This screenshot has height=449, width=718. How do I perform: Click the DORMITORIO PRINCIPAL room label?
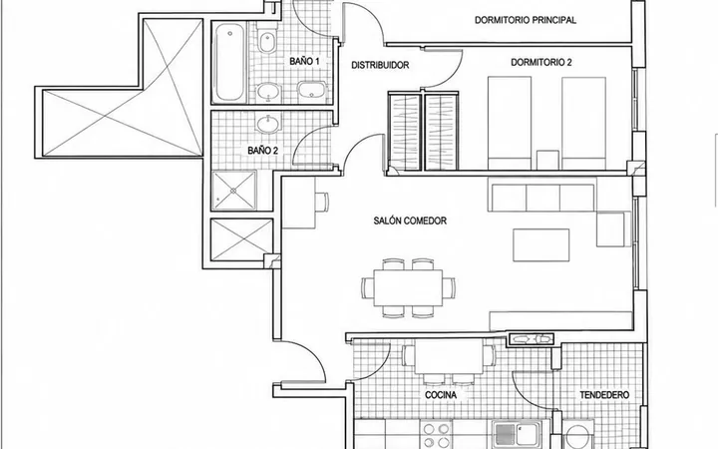(526, 20)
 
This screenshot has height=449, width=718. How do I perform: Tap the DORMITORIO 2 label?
(541, 62)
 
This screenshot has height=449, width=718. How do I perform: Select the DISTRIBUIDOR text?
(380, 65)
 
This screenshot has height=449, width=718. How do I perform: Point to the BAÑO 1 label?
(304, 61)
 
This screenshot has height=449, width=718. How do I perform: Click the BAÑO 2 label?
(263, 151)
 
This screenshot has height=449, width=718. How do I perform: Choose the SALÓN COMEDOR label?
(410, 221)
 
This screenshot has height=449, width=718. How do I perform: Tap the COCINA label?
(441, 395)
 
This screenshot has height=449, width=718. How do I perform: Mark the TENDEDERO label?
(604, 395)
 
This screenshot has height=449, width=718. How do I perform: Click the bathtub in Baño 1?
(230, 62)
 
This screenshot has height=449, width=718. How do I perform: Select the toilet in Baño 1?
(267, 38)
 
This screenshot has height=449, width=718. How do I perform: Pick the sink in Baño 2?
(268, 123)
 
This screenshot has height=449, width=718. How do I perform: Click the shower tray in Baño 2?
(233, 191)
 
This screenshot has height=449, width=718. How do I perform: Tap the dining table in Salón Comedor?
(408, 288)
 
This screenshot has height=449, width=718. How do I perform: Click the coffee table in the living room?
(540, 245)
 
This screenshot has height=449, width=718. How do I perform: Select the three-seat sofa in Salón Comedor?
(542, 198)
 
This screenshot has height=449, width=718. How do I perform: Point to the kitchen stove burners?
(437, 435)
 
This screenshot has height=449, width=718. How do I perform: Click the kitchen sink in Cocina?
(517, 434)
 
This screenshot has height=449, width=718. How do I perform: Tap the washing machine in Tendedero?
(577, 434)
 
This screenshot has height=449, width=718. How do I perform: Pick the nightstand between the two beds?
(547, 160)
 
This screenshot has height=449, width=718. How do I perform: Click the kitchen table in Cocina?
(449, 356)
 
